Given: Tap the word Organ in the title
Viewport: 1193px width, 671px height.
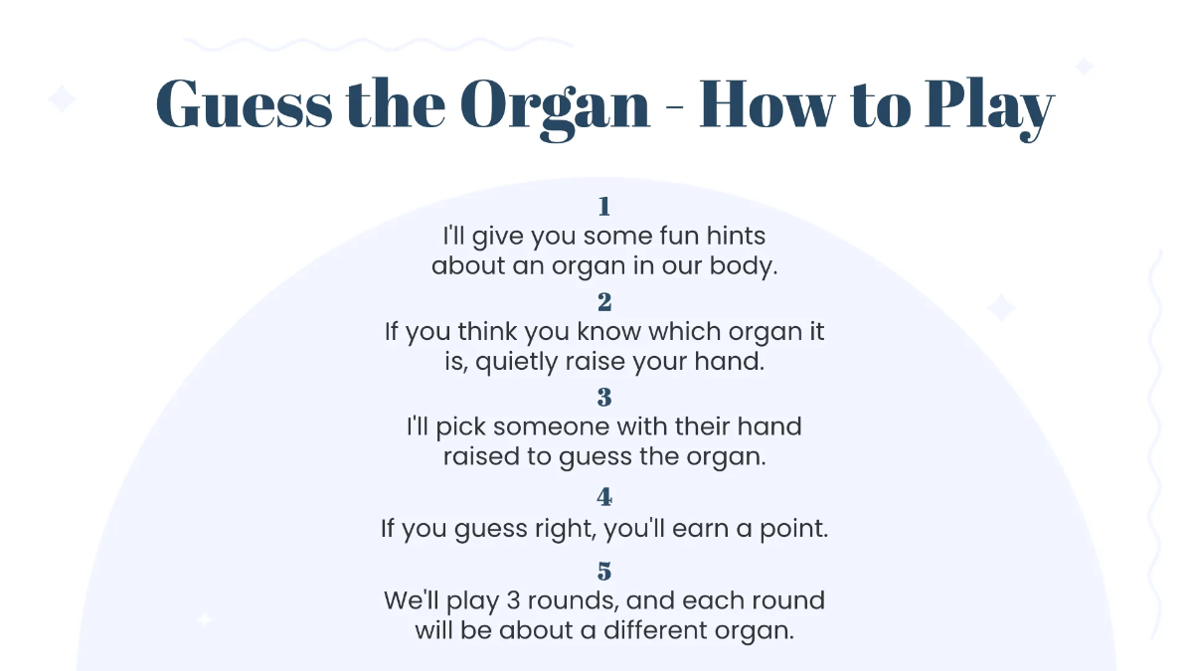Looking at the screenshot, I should point(556,103).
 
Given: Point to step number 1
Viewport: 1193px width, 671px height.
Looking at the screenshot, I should point(603,207).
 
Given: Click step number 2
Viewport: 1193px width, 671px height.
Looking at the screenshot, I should point(603,302).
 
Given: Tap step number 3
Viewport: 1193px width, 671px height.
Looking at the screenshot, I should point(603,398).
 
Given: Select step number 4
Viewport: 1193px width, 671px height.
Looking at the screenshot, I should point(603,497).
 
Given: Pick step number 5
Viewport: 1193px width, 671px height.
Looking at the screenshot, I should point(603,572).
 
